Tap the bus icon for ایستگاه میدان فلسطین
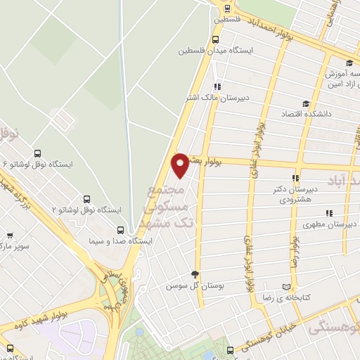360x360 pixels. [x=214, y=40]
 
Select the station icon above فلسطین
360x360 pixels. [x=227, y=8]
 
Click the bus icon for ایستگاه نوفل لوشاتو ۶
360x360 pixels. [x=37, y=154]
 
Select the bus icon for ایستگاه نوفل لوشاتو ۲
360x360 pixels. [x=87, y=199]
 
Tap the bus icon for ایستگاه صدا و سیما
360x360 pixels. [x=121, y=230]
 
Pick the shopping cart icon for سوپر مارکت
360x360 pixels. [x=10, y=237]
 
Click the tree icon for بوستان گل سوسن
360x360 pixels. [x=195, y=275]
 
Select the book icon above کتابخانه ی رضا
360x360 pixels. [x=285, y=287]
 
